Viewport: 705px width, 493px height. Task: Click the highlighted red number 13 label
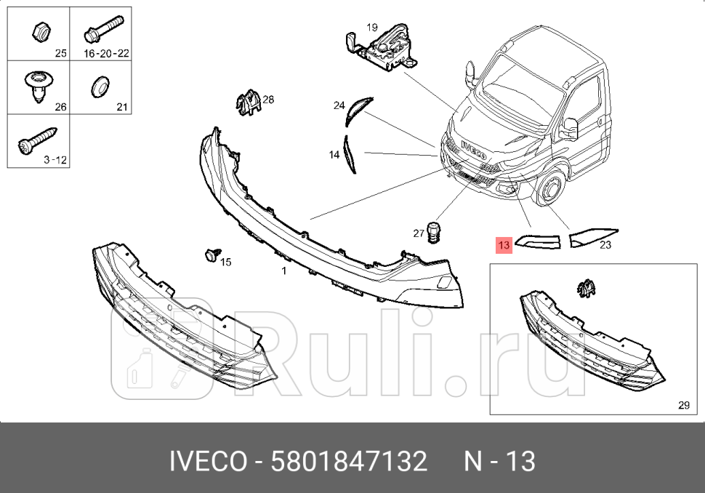click(x=504, y=245)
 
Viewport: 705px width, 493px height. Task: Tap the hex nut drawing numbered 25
click(x=40, y=31)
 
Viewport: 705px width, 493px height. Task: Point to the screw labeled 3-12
click(x=36, y=140)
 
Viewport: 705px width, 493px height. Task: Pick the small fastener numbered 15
click(x=211, y=254)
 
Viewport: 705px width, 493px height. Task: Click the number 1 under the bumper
click(x=284, y=271)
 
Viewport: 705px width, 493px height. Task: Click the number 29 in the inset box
click(x=683, y=405)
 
